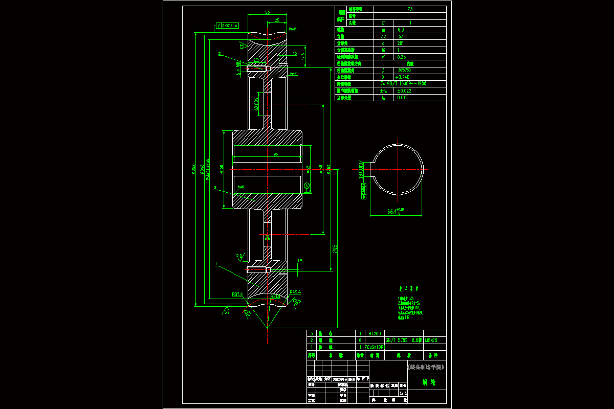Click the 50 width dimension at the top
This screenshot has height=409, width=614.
pyautogui.click(x=267, y=12)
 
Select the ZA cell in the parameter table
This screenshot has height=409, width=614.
pyautogui.click(x=410, y=9)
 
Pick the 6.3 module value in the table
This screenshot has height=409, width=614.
pyautogui.click(x=401, y=30)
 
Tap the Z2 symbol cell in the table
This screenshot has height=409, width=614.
pyautogui.click(x=384, y=37)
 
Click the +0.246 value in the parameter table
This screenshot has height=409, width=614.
pyautogui.click(x=404, y=77)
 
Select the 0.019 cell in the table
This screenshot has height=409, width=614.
pyautogui.click(x=402, y=97)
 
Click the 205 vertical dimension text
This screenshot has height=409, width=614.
pyautogui.click(x=335, y=247)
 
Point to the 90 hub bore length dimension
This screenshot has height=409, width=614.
pyautogui.click(x=275, y=154)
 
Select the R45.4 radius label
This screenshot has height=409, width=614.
pyautogui.click(x=295, y=292)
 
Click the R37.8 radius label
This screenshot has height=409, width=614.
pyautogui.click(x=237, y=294)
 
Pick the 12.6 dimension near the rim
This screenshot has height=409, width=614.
pyautogui.click(x=303, y=56)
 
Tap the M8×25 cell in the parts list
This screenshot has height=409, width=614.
pyautogui.click(x=431, y=340)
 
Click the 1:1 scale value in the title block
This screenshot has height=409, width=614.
pyautogui.click(x=403, y=393)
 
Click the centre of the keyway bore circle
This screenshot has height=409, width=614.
pyautogui.click(x=397, y=169)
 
